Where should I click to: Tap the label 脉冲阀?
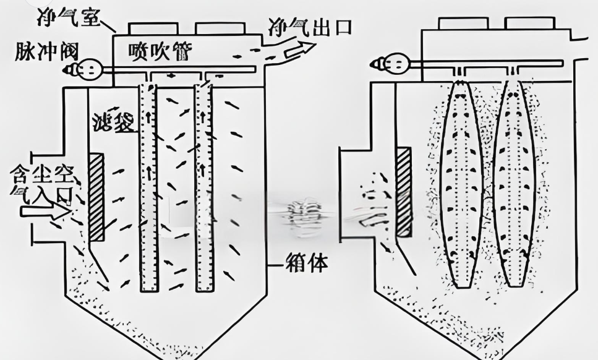coord(40,51)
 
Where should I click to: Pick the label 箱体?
coord(307,264)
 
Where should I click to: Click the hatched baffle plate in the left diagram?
coord(96,197)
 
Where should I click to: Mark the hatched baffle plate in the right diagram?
coord(404,192)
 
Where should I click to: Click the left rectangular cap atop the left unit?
coord(153,28)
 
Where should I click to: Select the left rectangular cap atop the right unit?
coord(461,23)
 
